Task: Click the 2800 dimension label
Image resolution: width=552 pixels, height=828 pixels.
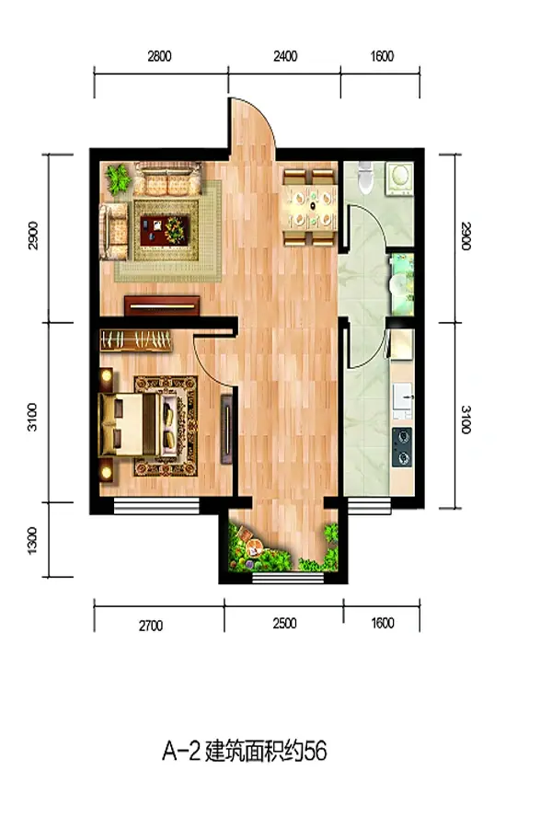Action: pos(159,56)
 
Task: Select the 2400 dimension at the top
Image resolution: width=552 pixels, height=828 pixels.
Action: pos(284,56)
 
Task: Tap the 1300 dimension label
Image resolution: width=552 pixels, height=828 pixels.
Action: pos(32,541)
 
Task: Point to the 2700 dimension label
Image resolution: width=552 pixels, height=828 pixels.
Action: pos(151,626)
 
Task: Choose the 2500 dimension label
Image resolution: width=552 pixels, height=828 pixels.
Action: pos(284,623)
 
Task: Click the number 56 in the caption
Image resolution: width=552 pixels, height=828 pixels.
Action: pos(316,751)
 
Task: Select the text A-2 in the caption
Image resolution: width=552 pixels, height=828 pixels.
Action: pos(181,751)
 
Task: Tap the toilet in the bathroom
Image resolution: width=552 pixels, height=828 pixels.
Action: pos(364,177)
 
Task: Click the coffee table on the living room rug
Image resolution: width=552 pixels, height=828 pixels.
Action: pos(166,230)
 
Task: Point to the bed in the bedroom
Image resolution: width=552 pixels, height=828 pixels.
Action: pos(137,424)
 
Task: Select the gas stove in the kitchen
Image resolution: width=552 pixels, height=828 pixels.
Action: pos(402,447)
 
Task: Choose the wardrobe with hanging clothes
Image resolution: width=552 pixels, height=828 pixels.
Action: pos(136,340)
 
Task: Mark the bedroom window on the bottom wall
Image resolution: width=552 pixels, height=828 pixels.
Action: pos(156,506)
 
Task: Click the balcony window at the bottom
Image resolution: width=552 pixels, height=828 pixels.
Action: pos(288,578)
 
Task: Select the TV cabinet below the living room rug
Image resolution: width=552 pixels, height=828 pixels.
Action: pos(162,305)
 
